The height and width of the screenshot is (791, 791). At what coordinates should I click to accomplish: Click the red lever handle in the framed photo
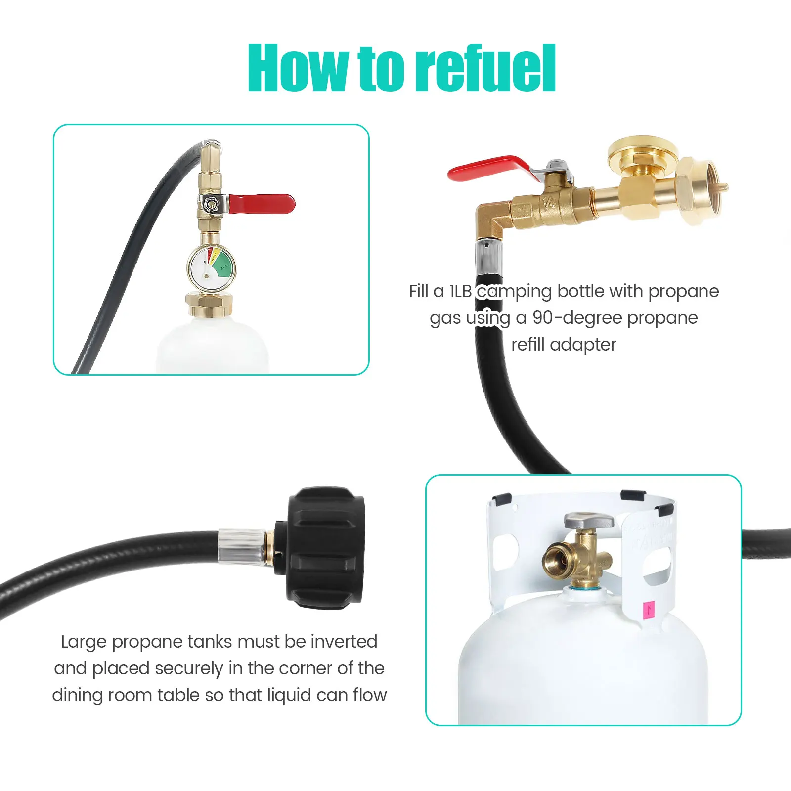(261, 204)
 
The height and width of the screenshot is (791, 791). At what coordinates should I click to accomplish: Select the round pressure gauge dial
(211, 267)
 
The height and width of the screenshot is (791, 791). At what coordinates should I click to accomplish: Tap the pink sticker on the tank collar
(648, 611)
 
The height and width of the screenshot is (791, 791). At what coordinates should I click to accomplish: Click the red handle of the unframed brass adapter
(489, 169)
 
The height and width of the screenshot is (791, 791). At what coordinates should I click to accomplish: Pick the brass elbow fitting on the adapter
(492, 220)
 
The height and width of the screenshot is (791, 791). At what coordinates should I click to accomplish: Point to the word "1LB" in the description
(460, 291)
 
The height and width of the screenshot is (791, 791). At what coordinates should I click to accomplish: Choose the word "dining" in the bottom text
(77, 695)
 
